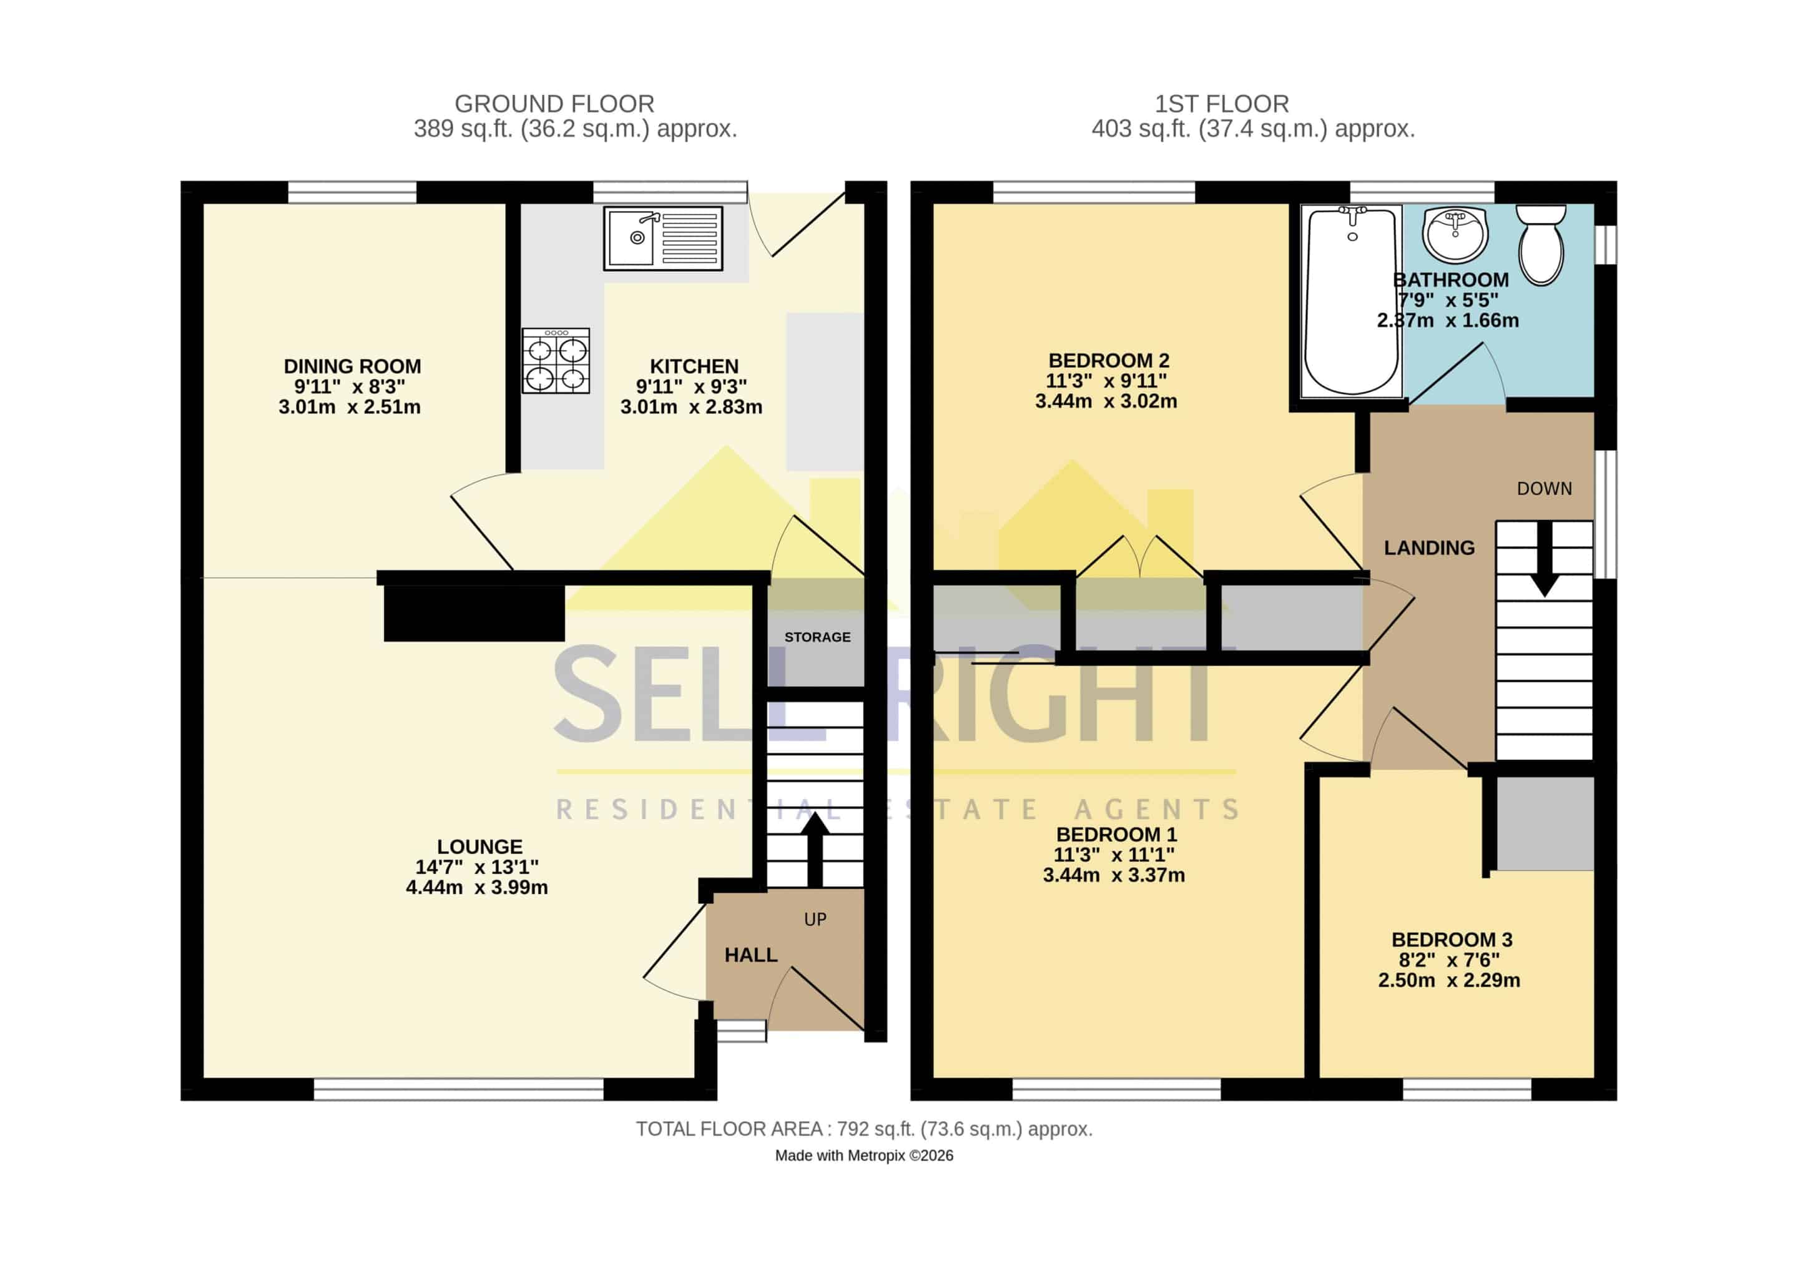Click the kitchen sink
663,238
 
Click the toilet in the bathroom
1541,245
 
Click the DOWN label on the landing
1544,489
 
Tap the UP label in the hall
815,920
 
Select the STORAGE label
818,637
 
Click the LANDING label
1429,548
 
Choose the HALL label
751,955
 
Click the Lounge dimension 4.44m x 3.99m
477,887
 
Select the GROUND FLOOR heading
554,104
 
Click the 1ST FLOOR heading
1222,104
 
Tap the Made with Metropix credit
864,1156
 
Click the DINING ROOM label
353,367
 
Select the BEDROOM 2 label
1109,360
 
